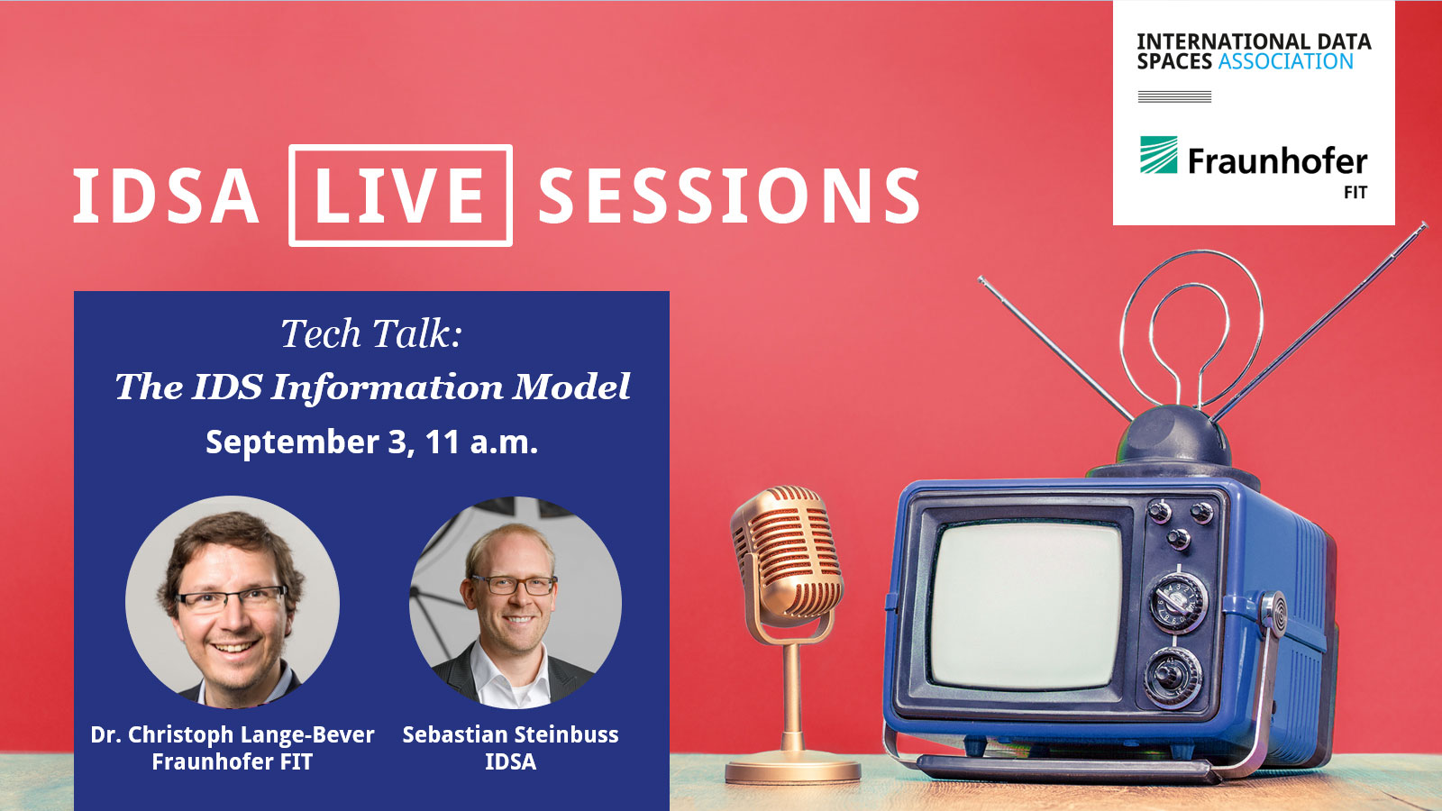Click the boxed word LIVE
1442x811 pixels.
pos(399,195)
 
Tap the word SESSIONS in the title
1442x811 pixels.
pos(729,196)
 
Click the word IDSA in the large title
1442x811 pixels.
pos(166,196)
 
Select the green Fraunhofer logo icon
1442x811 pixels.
pos(1159,154)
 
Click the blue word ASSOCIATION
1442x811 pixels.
pos(1285,62)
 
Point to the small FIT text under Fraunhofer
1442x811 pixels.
pos(1355,193)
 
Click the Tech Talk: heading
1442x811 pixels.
pos(371,333)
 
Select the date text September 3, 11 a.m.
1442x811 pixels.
pos(371,442)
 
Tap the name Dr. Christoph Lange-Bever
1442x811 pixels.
pos(232,734)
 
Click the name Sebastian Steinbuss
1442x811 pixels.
pos(510,734)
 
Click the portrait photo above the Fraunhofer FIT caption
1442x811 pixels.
pos(233,602)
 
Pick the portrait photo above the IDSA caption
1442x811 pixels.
pos(516,603)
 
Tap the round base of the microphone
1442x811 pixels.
pos(793,770)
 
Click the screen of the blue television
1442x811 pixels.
pos(1027,605)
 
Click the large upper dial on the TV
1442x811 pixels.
pos(1178,603)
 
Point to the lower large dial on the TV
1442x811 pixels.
pos(1173,678)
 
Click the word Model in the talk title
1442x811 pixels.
pos(571,387)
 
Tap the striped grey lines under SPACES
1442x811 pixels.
pos(1175,96)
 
